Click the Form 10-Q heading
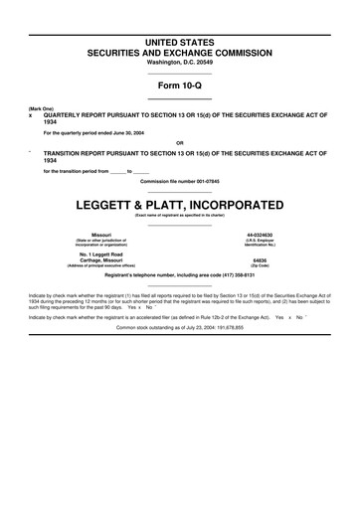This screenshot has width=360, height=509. (179, 85)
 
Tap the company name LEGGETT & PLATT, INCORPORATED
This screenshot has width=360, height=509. (179, 205)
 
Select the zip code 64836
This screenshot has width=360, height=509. (260, 261)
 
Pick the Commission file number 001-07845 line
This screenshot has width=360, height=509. (179, 182)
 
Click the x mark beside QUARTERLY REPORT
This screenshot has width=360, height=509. (31, 115)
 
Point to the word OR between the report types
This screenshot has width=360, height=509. (179, 141)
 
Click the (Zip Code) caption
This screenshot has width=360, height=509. (260, 268)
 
